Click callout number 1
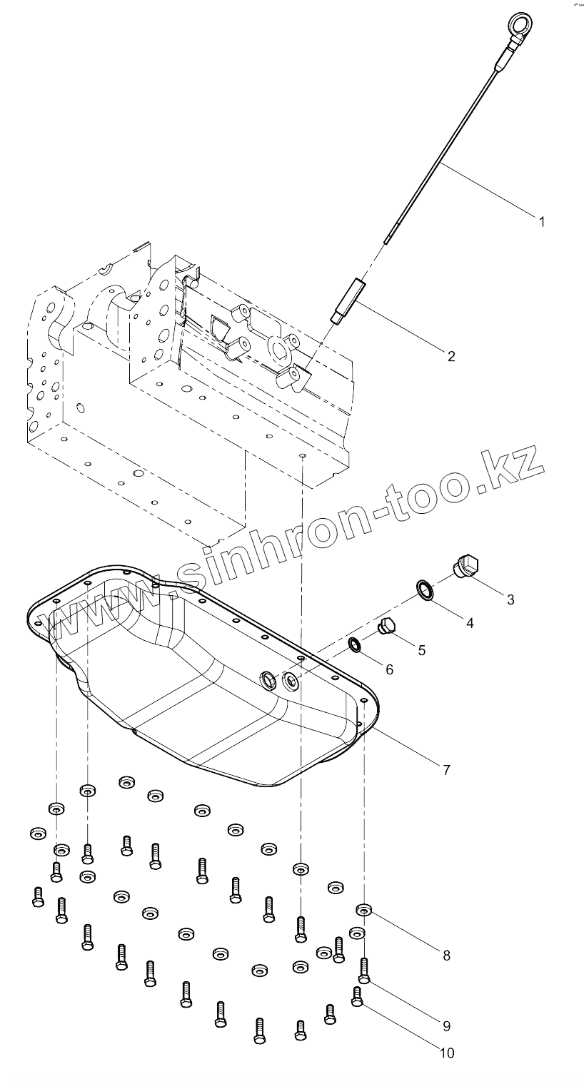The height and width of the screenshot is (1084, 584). (541, 222)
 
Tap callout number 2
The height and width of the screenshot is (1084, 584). (450, 356)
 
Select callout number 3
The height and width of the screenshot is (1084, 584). (510, 599)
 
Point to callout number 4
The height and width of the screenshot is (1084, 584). (470, 623)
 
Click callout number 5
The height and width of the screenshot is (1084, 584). (421, 649)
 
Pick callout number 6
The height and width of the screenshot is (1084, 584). (389, 669)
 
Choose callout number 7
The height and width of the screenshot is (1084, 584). (446, 770)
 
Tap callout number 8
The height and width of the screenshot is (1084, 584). (446, 956)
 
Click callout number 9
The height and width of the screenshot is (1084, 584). (446, 1026)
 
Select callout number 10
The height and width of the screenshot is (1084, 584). (446, 1053)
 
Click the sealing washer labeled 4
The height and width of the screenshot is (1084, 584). (426, 589)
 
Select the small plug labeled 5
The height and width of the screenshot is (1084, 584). (386, 626)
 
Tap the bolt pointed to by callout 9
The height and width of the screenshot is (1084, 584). (365, 968)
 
